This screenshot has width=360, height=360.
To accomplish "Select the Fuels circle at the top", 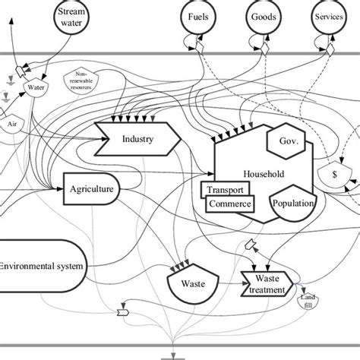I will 201,17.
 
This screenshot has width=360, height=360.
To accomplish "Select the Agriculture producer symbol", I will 91,188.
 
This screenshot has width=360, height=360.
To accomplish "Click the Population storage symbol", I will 294,204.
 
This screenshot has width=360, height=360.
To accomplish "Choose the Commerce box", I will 230,204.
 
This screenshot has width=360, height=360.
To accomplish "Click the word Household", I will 263,174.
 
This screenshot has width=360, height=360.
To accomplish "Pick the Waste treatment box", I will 266,283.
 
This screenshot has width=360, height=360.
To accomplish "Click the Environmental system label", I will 43,266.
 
